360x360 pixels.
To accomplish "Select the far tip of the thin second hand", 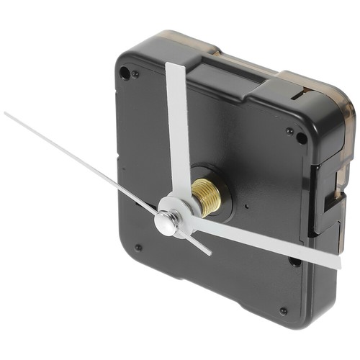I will (6, 114).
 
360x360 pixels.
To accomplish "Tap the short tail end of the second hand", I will (210, 253).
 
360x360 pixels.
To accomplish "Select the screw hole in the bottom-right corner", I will (283, 311).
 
